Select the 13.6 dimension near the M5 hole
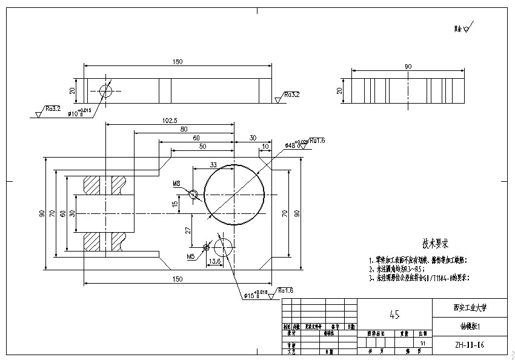pyautogui.click(x=214, y=261)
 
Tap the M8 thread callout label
pyautogui.click(x=177, y=183)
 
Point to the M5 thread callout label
pyautogui.click(x=191, y=256)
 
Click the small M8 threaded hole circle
pyautogui.click(x=194, y=195)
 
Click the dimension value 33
pyautogui.click(x=213, y=165)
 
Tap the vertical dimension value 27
pyautogui.click(x=188, y=230)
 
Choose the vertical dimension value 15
pyautogui.click(x=175, y=204)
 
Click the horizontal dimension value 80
pyautogui.click(x=184, y=129)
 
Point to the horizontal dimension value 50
pyautogui.click(x=202, y=147)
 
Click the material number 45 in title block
pyautogui.click(x=394, y=315)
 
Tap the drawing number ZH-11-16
pyautogui.click(x=470, y=345)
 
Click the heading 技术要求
pyautogui.click(x=435, y=244)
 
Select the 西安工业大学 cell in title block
pyautogui.click(x=470, y=307)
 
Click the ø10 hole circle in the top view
pyautogui.click(x=106, y=92)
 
